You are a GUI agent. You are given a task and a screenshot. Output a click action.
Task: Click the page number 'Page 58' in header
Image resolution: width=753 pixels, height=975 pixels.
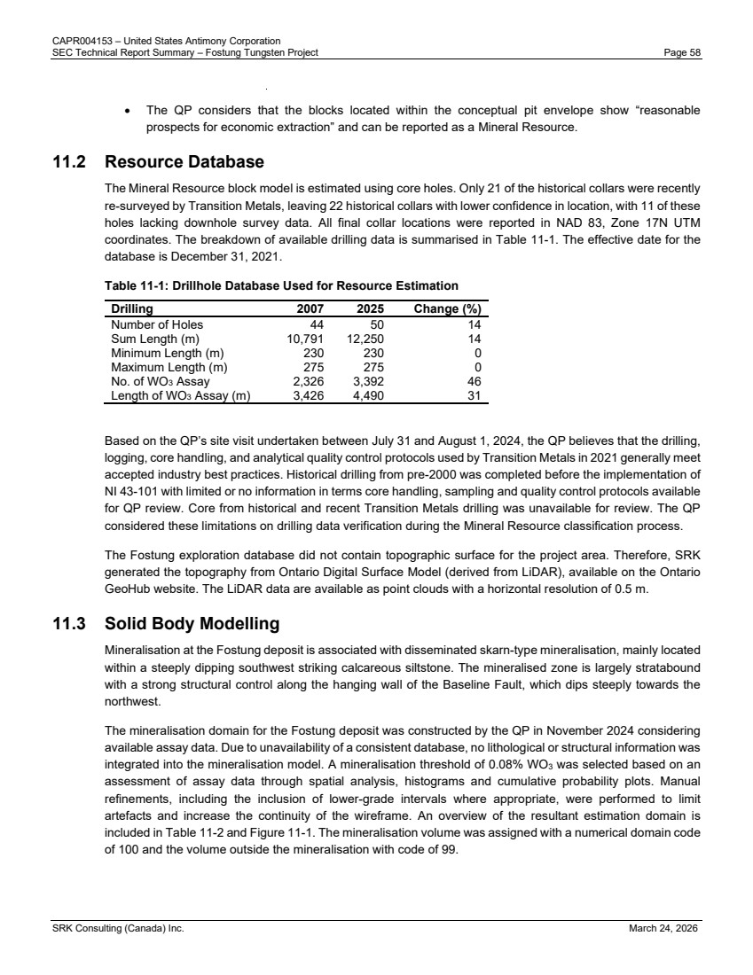tap(683, 52)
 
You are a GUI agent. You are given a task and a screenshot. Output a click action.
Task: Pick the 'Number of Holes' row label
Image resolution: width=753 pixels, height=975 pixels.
tap(157, 324)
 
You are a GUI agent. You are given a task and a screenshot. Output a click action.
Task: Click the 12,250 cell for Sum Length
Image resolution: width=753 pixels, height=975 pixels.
tap(365, 338)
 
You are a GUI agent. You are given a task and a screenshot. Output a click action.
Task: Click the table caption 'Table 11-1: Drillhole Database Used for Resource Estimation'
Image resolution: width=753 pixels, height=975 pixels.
tap(281, 285)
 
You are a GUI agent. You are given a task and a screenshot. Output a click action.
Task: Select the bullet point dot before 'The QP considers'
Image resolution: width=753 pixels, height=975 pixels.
tap(130, 112)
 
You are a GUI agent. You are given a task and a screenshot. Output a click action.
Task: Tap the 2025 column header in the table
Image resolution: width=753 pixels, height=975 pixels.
tap(369, 309)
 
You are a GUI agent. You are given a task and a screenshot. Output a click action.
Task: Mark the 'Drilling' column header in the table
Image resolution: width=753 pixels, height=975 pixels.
tap(131, 309)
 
